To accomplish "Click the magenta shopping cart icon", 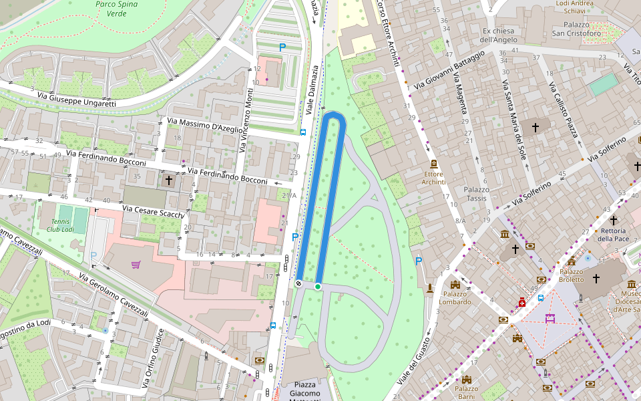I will coord(136,265).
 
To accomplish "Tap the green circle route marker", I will coord(318,286).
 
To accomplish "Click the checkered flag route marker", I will coord(298,284).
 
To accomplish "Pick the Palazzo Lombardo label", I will coord(456,297).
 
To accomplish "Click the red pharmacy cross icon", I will coord(522,303).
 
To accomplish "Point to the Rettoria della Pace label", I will coord(613,235).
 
